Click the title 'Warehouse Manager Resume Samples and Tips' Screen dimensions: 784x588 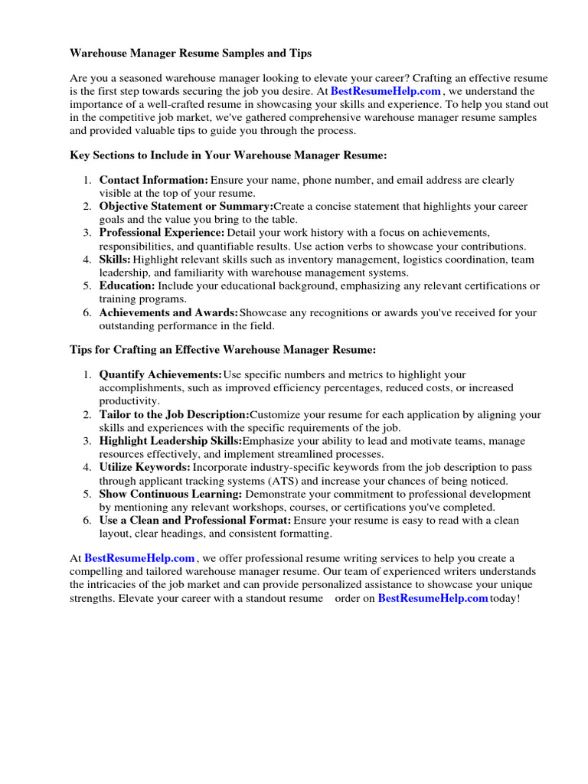pyautogui.click(x=191, y=54)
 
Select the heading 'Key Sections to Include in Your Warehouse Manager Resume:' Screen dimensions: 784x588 pyautogui.click(x=228, y=155)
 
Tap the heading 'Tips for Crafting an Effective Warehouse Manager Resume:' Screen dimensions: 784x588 pyautogui.click(x=223, y=350)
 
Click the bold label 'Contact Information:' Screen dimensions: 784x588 pyautogui.click(x=154, y=180)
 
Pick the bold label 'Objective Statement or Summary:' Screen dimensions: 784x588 pyautogui.click(x=185, y=207)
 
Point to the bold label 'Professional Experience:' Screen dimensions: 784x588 pyautogui.click(x=162, y=233)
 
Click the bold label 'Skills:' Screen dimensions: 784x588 pyautogui.click(x=115, y=260)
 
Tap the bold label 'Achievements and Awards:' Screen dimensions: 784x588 pyautogui.click(x=168, y=312)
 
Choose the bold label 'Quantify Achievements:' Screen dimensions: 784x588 pyautogui.click(x=161, y=374)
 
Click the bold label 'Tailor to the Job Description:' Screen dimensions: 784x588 pyautogui.click(x=174, y=414)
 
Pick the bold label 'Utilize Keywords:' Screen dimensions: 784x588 pyautogui.click(x=145, y=467)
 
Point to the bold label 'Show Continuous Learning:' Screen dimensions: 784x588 pyautogui.click(x=171, y=494)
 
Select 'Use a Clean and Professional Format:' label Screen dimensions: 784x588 pyautogui.click(x=194, y=521)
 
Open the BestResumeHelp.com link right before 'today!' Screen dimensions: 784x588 pyautogui.click(x=433, y=599)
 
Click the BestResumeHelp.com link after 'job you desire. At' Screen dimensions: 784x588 pyautogui.click(x=385, y=91)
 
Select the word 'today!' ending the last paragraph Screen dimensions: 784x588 pyautogui.click(x=505, y=599)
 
